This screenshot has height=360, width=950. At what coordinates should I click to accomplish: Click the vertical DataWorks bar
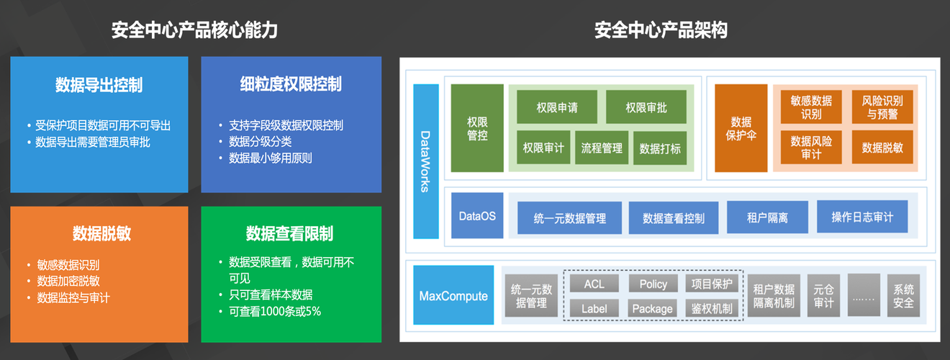click(426, 161)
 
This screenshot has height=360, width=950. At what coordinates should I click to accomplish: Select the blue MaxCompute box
click(453, 295)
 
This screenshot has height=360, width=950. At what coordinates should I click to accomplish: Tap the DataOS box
click(477, 216)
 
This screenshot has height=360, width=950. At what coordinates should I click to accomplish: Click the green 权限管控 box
click(477, 128)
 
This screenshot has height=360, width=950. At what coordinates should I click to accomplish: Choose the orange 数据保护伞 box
click(741, 128)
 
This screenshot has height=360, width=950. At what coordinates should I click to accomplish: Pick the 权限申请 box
click(557, 107)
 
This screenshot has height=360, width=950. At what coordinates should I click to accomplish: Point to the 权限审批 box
click(646, 107)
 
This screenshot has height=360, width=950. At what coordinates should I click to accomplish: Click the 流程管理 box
click(602, 148)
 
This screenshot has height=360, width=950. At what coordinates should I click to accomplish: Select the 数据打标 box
click(660, 148)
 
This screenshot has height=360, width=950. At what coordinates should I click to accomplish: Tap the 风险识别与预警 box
click(882, 107)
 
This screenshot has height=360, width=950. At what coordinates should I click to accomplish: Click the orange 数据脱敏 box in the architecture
click(882, 148)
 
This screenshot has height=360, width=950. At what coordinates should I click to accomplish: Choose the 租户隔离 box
click(767, 217)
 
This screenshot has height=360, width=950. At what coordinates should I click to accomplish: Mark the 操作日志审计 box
click(862, 217)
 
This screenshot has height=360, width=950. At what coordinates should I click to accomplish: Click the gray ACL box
click(594, 284)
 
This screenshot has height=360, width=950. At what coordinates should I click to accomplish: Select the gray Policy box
click(653, 284)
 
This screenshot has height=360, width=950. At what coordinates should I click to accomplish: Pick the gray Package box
click(652, 309)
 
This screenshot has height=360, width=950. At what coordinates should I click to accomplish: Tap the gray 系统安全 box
click(903, 295)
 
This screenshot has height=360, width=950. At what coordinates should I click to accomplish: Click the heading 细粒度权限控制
click(291, 84)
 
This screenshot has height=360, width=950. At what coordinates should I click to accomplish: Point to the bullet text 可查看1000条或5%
click(275, 311)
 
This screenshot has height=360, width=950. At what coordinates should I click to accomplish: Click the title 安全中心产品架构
click(661, 30)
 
